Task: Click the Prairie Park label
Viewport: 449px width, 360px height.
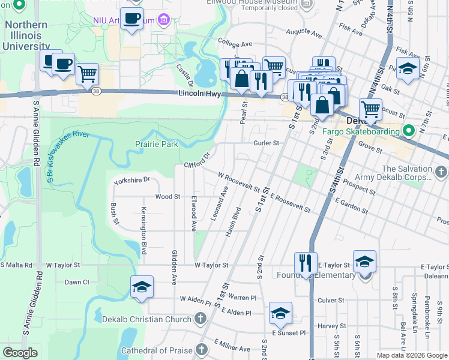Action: tap(157, 144)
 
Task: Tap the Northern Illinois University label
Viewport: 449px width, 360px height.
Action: tap(27, 35)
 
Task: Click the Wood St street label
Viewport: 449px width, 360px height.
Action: tap(167, 196)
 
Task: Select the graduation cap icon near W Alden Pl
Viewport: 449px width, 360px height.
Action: tap(142, 287)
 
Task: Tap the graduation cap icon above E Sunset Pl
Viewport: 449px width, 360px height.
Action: tap(280, 313)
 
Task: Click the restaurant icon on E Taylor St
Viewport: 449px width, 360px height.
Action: tap(306, 263)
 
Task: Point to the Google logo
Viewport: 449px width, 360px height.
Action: tap(20, 353)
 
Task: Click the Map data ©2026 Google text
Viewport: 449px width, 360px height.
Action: tap(412, 355)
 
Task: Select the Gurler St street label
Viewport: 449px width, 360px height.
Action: tap(267, 143)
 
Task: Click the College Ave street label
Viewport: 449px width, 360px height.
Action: tap(235, 44)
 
